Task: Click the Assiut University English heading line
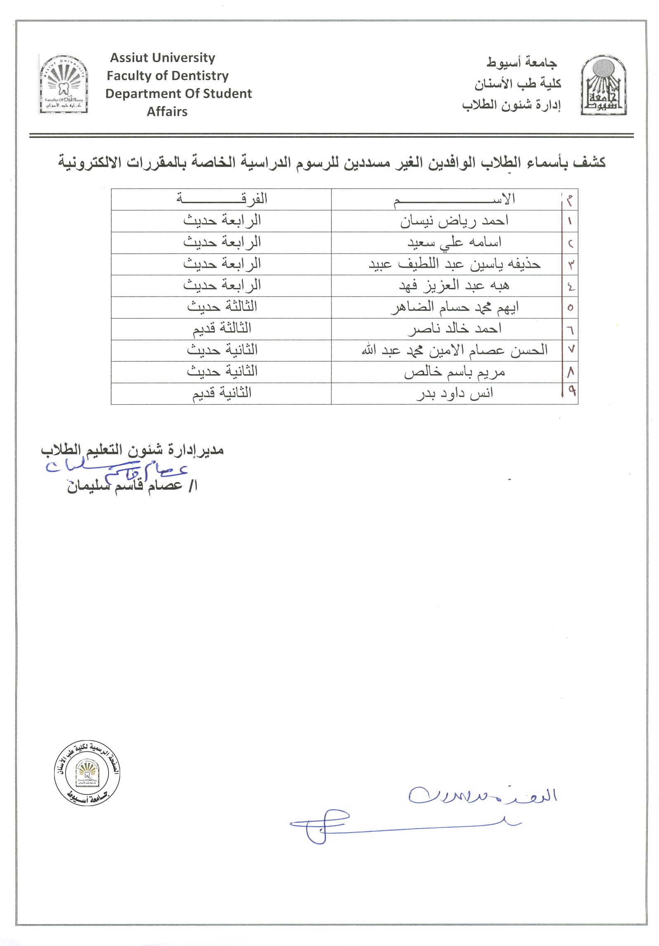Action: pos(162,58)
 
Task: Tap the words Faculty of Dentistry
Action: pos(168,76)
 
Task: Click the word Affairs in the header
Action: pos(167,112)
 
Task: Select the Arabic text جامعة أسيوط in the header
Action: pos(521,63)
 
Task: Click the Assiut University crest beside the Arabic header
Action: pos(603,86)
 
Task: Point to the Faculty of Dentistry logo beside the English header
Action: pos(64,84)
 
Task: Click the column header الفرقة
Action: pos(222,199)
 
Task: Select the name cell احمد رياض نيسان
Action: pos(454,221)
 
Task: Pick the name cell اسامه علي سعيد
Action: pos(454,243)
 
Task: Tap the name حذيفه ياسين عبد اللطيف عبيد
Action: pos(454,264)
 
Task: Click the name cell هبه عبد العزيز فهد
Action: pos(454,285)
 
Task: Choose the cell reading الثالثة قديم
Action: pos(222,329)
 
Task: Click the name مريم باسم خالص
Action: pos(454,372)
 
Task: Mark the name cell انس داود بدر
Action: pos(454,394)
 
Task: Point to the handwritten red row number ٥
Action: pos(570,307)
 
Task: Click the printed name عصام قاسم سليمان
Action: pos(132,486)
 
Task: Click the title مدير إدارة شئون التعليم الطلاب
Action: pos(132,450)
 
